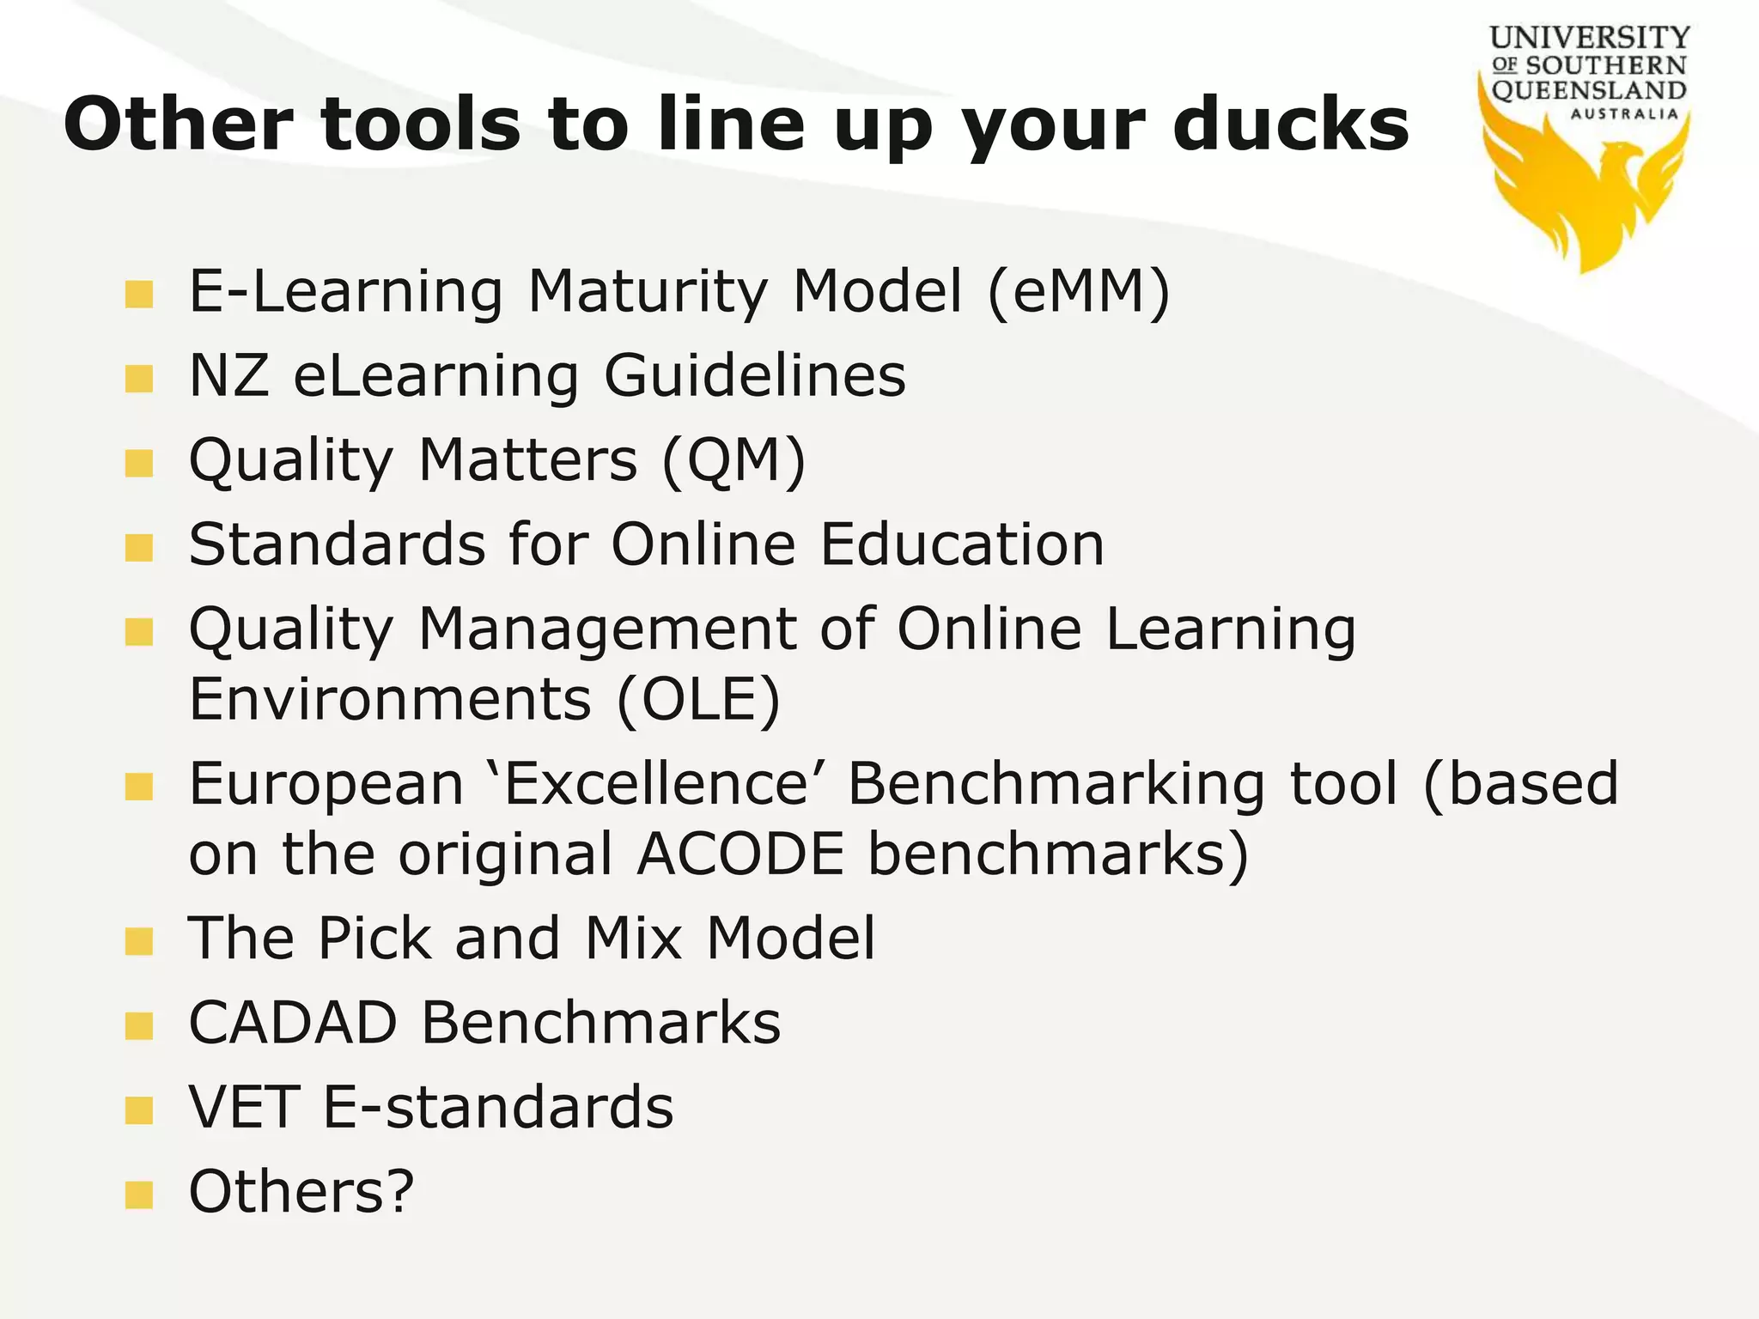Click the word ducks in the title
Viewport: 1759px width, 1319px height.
pyautogui.click(x=1291, y=125)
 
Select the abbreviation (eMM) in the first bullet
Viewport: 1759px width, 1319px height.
pyautogui.click(x=1079, y=292)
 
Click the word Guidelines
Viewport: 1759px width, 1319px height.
pyautogui.click(x=755, y=376)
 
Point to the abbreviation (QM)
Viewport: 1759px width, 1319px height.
pyautogui.click(x=733, y=460)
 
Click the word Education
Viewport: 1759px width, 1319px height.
pyautogui.click(x=962, y=544)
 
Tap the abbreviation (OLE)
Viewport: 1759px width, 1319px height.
pyautogui.click(x=698, y=699)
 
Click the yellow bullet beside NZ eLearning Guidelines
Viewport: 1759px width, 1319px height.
pyautogui.click(x=138, y=378)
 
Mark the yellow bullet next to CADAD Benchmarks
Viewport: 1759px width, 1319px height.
pyautogui.click(x=138, y=1024)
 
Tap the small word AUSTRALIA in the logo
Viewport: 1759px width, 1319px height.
pyautogui.click(x=1624, y=113)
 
